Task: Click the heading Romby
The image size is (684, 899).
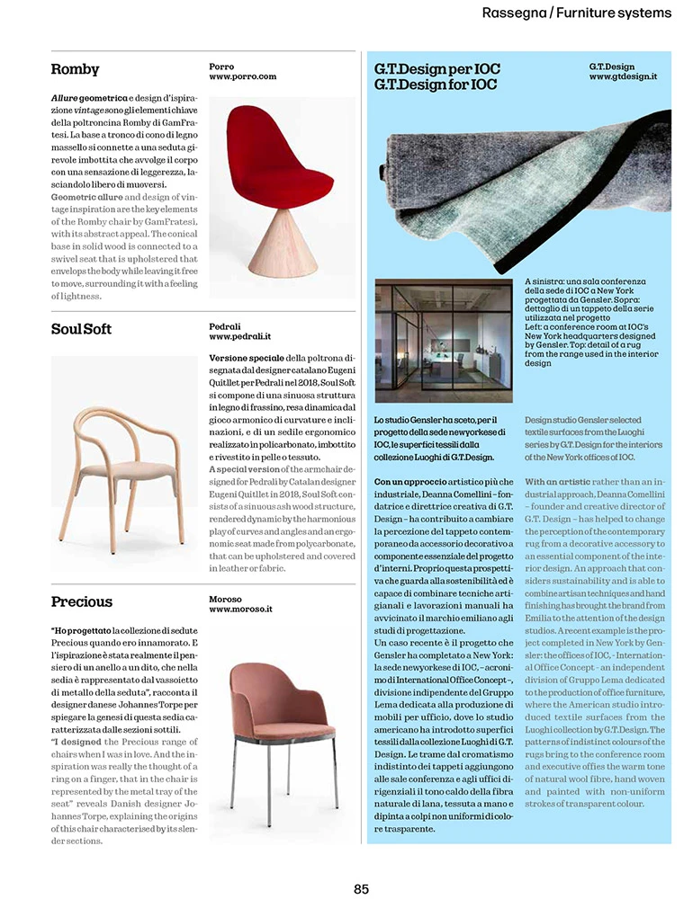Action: (76, 69)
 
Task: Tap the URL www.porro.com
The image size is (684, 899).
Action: (242, 77)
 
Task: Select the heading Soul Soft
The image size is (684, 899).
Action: (82, 329)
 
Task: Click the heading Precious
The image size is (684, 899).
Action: (82, 601)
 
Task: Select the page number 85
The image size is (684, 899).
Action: (361, 888)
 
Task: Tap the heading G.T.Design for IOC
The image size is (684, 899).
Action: (436, 85)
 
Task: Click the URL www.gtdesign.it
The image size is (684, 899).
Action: (623, 77)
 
